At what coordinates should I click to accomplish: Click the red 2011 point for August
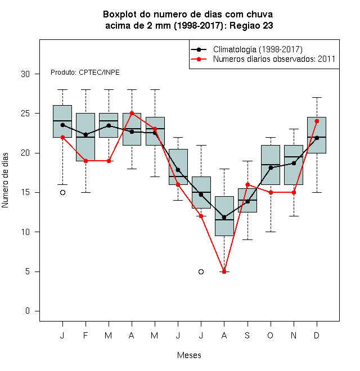tap(224, 272)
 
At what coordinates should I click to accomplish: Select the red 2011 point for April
tap(132, 114)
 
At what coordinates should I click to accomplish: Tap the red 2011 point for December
tap(317, 121)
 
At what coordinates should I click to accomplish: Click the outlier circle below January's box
tap(62, 193)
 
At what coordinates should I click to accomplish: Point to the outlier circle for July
tap(201, 272)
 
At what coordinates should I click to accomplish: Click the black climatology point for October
tap(271, 168)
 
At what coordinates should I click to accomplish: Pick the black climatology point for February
tap(85, 135)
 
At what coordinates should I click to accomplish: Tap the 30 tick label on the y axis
tap(25, 74)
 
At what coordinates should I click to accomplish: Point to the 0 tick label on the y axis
tap(28, 311)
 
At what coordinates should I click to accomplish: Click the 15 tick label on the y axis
tap(25, 192)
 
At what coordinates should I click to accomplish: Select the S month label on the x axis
tap(247, 335)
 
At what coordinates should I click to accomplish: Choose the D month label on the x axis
tap(317, 335)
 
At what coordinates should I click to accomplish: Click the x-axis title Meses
tap(189, 355)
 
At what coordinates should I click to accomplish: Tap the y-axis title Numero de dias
tap(5, 180)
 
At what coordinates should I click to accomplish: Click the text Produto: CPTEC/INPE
tap(85, 73)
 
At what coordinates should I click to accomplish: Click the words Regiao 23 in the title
tap(251, 25)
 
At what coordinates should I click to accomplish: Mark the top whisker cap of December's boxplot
tap(317, 97)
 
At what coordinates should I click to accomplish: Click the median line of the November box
tap(294, 157)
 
